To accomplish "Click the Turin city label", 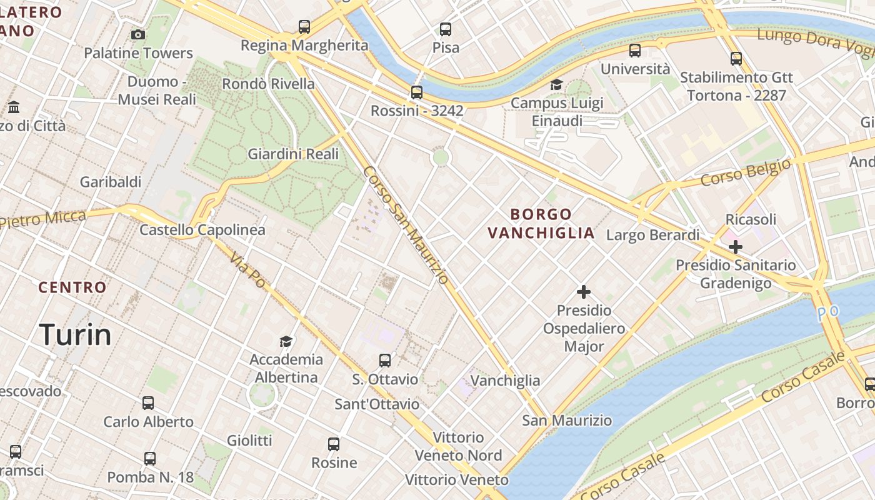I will pos(75,334).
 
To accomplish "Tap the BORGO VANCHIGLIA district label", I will pos(541,224).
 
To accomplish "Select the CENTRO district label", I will pos(72,287).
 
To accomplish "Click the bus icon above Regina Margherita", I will pos(304,27).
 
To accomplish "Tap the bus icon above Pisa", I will pos(446,29).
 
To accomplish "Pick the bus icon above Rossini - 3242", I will pos(417,92).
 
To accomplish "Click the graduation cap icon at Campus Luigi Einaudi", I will pos(556,84).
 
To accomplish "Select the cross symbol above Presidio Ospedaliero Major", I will pos(584,292).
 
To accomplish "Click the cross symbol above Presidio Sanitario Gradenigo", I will pos(736,247).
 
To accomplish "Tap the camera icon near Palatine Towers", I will pos(138,34).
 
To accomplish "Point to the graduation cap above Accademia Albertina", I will pos(286,341).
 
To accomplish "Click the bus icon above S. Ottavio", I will pos(385,361).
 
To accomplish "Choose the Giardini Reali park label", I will pos(293,154).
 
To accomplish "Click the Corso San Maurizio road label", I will pos(406,225).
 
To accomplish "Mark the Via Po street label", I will pos(247,271).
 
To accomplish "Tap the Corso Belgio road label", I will pos(746,172).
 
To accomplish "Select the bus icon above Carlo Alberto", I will pos(148,403).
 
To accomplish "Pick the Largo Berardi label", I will pos(653,235).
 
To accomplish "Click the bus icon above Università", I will pos(635,51).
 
